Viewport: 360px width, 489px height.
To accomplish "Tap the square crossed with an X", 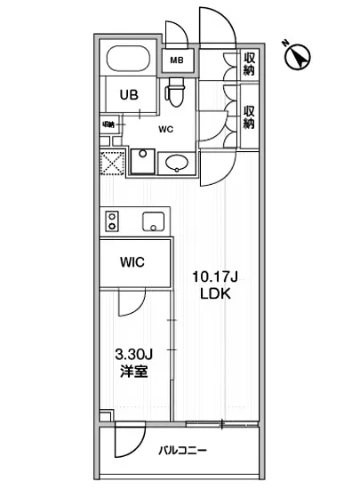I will [x=113, y=163].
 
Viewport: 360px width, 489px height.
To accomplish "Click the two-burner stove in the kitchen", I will [x=113, y=220].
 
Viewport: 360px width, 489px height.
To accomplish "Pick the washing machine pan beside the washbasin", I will [x=142, y=161].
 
